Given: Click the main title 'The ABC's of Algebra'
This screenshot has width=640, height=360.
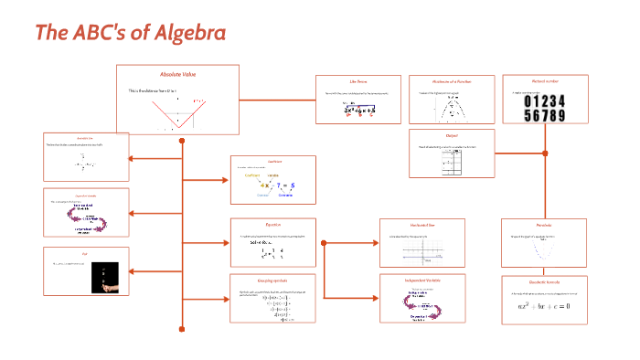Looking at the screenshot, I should (x=130, y=33).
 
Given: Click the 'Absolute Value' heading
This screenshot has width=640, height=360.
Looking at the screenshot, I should (x=177, y=74).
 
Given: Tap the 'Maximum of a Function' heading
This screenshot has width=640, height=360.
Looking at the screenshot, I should (x=448, y=82).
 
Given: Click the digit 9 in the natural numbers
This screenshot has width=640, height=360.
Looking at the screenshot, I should (x=559, y=115).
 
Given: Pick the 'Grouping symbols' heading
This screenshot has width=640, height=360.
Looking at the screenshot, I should (x=273, y=279).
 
